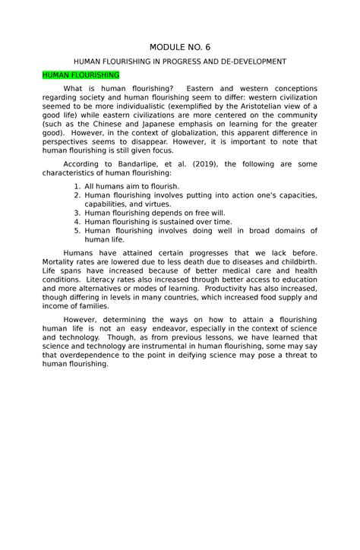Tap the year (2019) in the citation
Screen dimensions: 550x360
[206, 163]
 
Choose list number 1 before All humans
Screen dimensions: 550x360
[77, 186]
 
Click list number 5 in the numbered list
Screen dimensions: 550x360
[77, 232]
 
